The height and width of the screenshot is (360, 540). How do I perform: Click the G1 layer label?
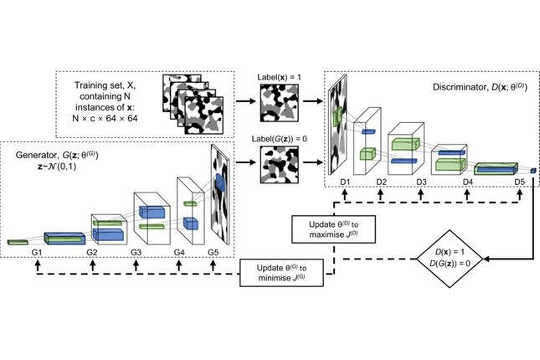coord(37,251)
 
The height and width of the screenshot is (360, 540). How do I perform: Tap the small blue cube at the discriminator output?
coord(532,171)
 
